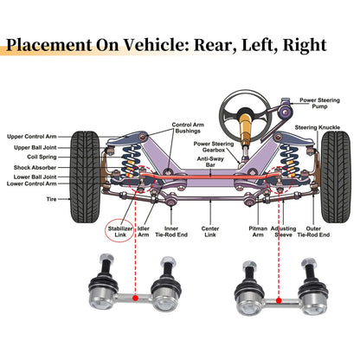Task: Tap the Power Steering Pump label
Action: (x=319, y=103)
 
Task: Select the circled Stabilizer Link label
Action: (x=120, y=232)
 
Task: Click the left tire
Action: (x=85, y=177)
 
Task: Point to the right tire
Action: (x=336, y=177)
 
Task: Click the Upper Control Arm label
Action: (x=32, y=137)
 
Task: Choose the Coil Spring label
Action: (x=42, y=157)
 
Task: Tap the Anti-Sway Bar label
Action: (x=210, y=162)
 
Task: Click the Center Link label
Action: (x=210, y=232)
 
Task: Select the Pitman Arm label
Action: (x=258, y=232)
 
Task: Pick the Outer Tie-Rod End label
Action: (x=313, y=232)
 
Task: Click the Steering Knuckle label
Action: (x=318, y=127)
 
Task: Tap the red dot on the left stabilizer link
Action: (x=135, y=298)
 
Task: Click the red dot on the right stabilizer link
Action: (x=279, y=300)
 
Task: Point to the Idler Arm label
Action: (x=144, y=232)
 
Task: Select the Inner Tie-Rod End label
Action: (x=171, y=232)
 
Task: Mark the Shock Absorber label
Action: (x=35, y=167)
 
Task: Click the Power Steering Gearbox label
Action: (x=214, y=146)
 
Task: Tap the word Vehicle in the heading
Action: (x=157, y=45)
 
